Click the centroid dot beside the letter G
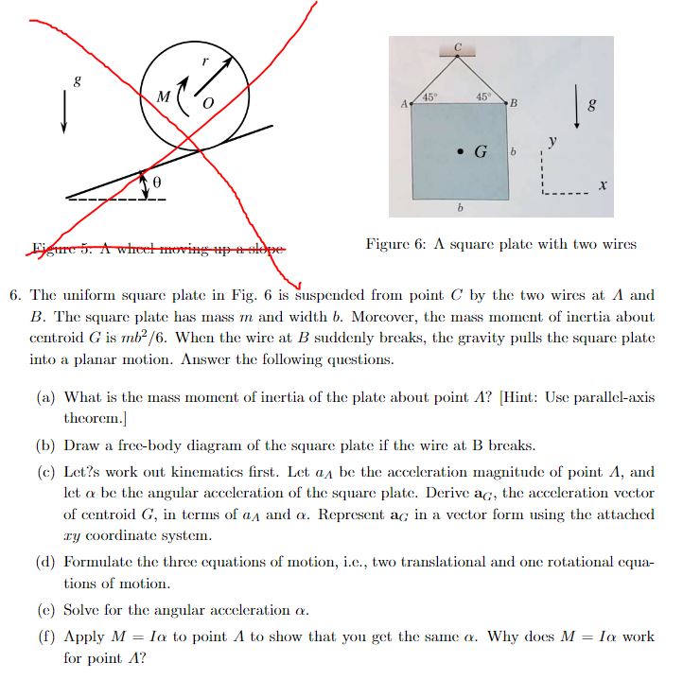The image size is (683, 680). (x=460, y=150)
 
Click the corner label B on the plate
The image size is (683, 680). (x=514, y=102)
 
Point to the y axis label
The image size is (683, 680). (x=553, y=142)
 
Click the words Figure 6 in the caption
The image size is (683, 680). (x=393, y=244)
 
